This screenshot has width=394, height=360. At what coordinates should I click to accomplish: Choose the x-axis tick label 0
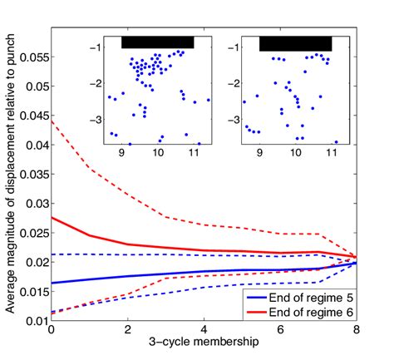52,331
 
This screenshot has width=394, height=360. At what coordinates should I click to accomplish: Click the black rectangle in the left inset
158,42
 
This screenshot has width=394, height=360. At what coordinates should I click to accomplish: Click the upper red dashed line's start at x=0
52,120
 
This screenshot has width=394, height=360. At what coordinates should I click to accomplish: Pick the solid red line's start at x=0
52,218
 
